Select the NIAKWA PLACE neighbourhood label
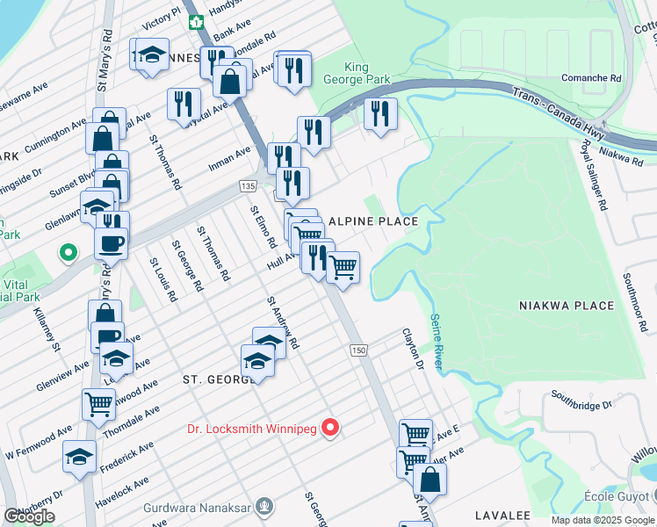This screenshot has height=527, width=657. point(567,305)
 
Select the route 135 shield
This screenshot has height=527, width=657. point(247,186)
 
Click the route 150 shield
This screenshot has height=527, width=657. point(357,350)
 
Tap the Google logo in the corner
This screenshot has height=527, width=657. point(29,516)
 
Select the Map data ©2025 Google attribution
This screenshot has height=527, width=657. point(603,520)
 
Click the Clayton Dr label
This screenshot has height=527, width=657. point(413,350)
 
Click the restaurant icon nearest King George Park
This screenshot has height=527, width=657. point(380,113)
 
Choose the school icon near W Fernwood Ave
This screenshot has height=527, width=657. point(79,457)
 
